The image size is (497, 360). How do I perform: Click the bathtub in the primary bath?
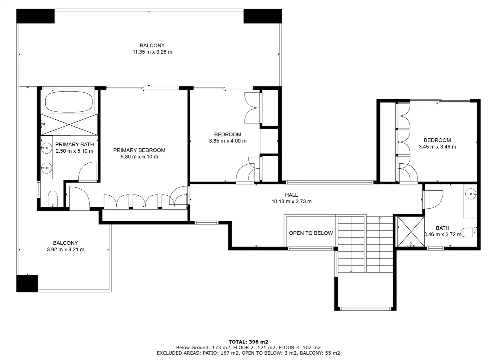69,102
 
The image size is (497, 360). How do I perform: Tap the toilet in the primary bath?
53,198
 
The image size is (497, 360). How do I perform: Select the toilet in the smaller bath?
468,232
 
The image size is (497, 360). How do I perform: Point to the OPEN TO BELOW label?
310,233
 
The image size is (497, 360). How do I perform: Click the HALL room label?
291,195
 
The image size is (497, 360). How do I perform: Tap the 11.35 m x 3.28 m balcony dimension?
152,52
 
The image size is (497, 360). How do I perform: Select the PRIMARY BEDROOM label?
139,150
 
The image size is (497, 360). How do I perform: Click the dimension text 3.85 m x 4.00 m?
228,141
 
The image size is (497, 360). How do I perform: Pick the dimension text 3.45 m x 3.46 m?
437,147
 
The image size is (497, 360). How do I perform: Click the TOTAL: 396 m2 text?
248,342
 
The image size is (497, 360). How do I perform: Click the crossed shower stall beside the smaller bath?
411,232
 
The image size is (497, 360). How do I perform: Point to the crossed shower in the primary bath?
69,125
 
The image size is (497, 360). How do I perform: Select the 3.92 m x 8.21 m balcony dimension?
65,249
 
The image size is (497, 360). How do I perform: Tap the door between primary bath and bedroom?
88,172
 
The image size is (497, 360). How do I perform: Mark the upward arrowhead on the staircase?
380,218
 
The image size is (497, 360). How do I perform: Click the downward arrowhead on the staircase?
351,271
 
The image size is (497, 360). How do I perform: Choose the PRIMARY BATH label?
74,145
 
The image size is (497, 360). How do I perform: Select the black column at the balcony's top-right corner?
262,16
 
